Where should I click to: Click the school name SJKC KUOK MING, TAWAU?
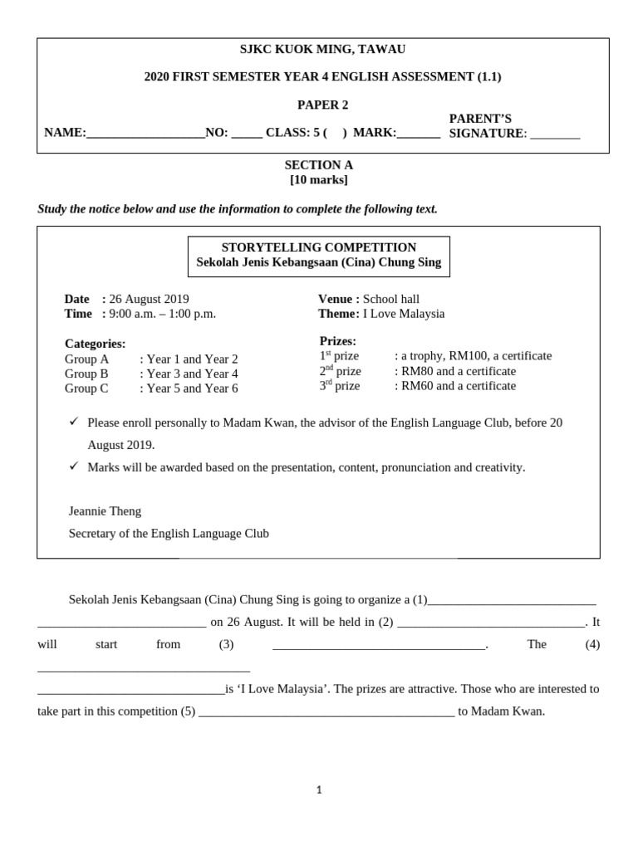click(322, 50)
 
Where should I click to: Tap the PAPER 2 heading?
click(322, 105)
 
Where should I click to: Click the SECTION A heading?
click(318, 165)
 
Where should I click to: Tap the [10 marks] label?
click(318, 180)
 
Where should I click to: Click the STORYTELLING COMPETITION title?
click(318, 247)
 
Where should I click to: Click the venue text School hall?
click(390, 299)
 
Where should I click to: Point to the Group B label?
click(86, 374)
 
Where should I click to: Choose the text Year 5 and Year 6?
click(192, 388)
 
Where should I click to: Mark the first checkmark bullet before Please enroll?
click(74, 422)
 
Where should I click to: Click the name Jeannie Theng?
click(105, 511)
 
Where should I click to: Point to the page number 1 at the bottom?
click(318, 790)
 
